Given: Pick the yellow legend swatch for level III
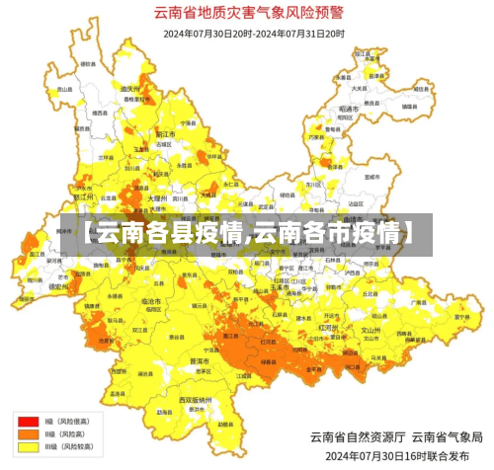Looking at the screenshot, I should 25,447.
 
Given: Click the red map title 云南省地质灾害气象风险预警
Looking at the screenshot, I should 247,14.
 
